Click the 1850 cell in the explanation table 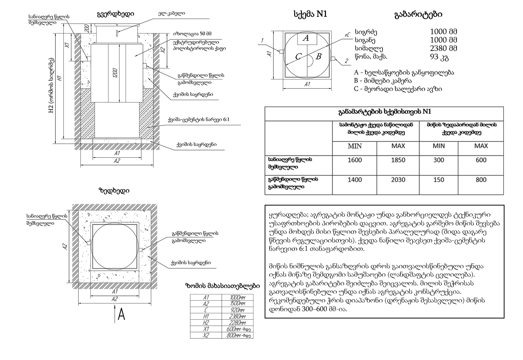[398, 160]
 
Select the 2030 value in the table [398, 180]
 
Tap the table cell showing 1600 [355, 160]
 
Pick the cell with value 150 [438, 180]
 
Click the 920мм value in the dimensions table [237, 310]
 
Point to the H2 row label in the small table [206, 323]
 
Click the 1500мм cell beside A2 [237, 303]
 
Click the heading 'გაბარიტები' [418, 15]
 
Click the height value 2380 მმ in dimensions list [444, 48]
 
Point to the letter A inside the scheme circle [306, 38]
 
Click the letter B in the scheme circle [318, 56]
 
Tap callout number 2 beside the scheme [346, 61]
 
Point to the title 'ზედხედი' [114, 191]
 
